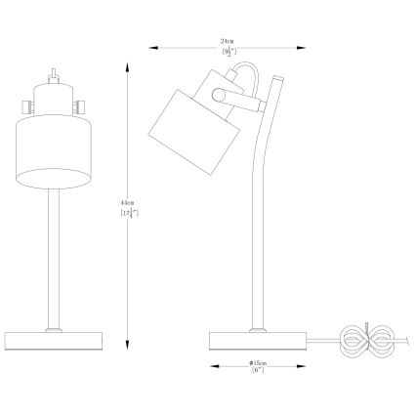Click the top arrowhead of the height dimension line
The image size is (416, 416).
128,62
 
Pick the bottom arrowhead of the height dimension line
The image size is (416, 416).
128,347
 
